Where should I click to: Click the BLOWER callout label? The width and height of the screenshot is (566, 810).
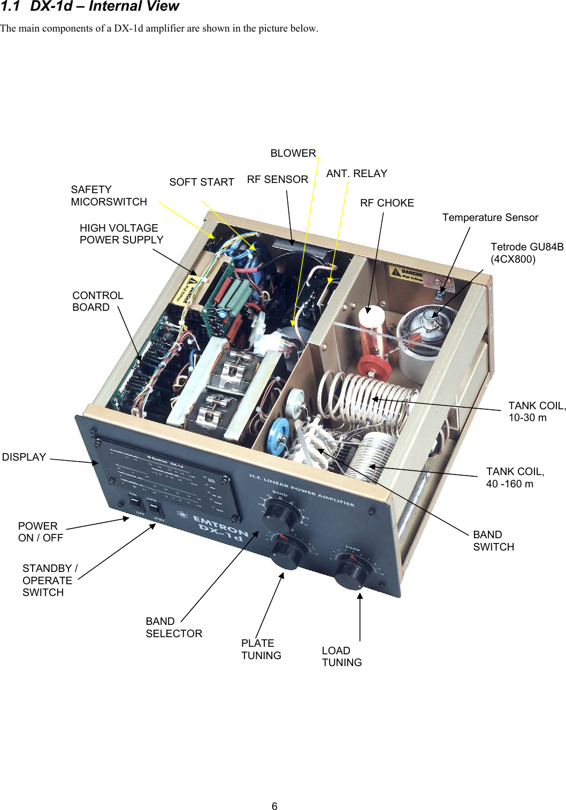pyautogui.click(x=293, y=154)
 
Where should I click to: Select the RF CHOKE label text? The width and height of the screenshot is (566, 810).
pyautogui.click(x=387, y=203)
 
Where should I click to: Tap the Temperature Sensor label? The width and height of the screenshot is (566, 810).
pyautogui.click(x=490, y=218)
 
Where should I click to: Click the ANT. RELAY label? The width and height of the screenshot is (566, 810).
pyautogui.click(x=356, y=174)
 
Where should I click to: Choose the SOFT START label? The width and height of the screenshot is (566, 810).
pyautogui.click(x=202, y=182)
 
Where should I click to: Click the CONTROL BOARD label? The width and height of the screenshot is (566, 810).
pyautogui.click(x=98, y=302)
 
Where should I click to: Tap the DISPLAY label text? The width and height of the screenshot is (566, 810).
pyautogui.click(x=24, y=457)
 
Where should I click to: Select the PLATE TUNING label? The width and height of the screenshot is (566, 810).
pyautogui.click(x=261, y=649)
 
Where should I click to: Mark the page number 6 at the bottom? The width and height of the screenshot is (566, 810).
pyautogui.click(x=274, y=806)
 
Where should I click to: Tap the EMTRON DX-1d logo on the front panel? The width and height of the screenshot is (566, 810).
pyautogui.click(x=220, y=528)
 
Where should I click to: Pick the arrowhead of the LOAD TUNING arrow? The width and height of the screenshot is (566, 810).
pyautogui.click(x=360, y=596)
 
